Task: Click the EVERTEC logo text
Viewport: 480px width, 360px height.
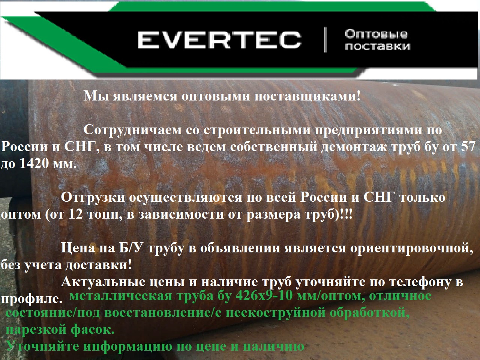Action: [x=219, y=40]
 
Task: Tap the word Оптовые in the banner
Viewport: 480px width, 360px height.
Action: [x=376, y=34]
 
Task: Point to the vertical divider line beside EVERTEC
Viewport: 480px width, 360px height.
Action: [x=325, y=40]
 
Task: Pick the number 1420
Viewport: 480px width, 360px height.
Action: [x=34, y=163]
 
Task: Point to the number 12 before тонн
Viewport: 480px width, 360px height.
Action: [x=76, y=214]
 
